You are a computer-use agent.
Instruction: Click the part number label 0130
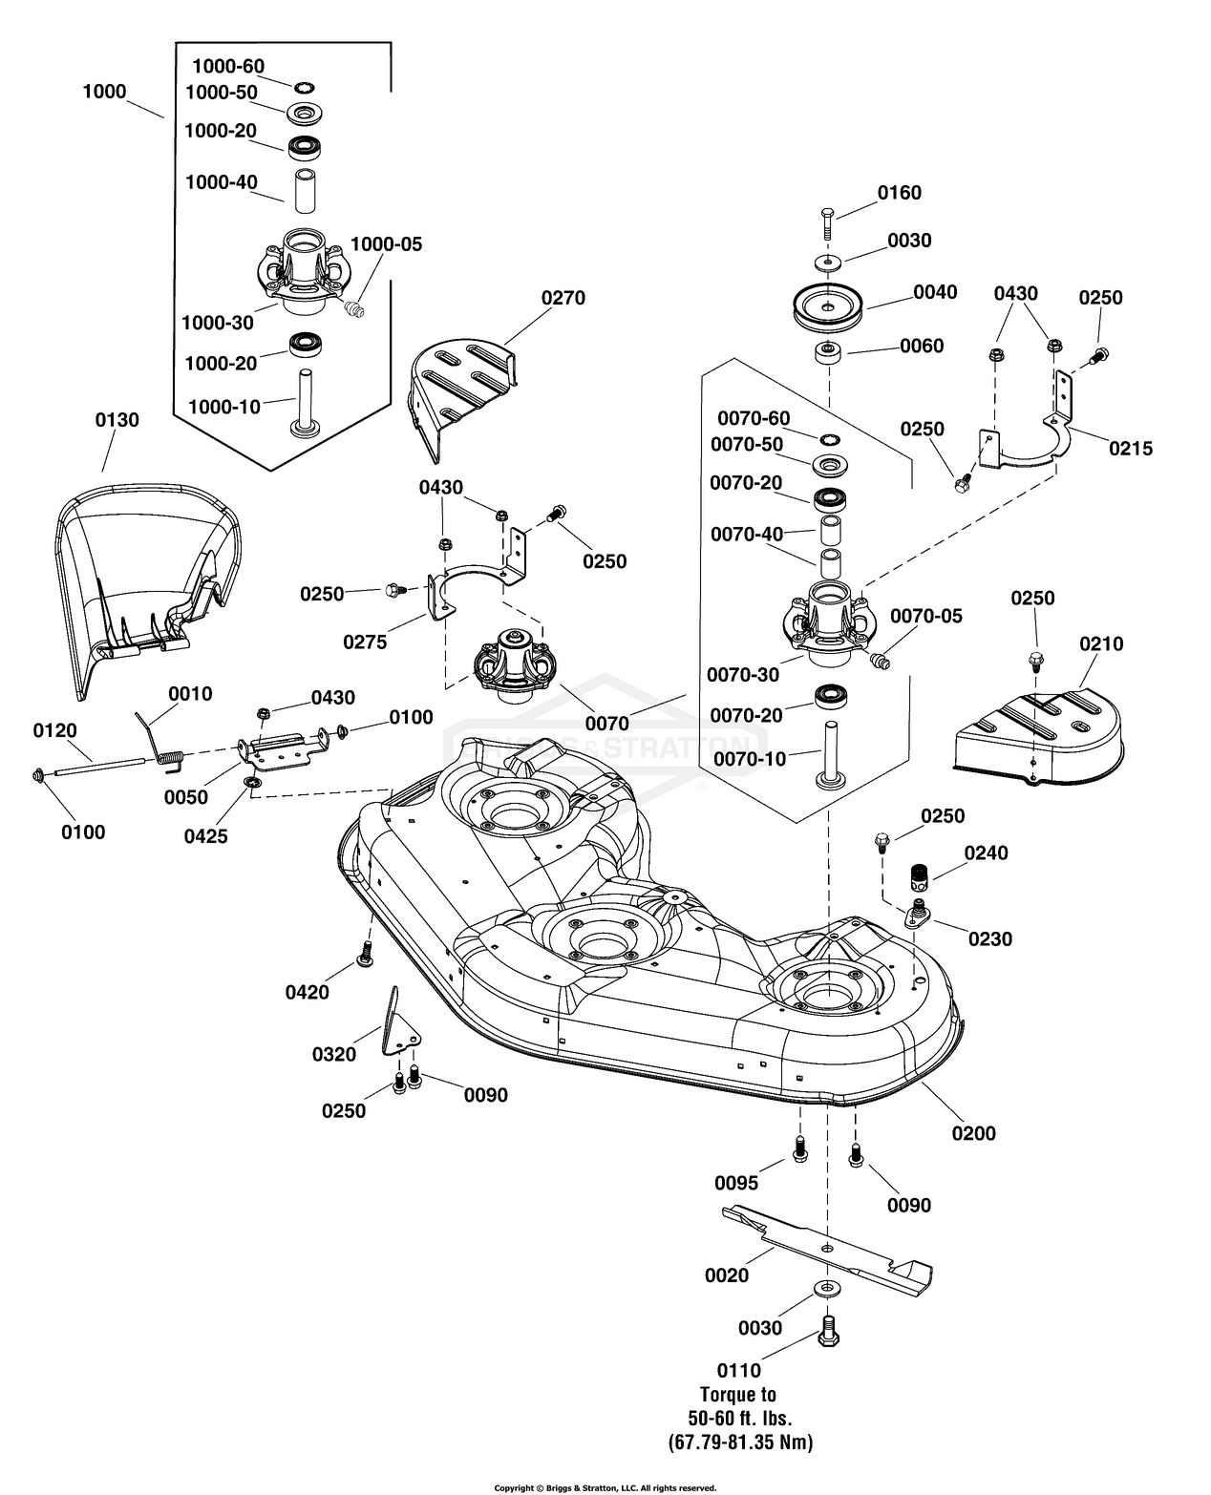point(117,420)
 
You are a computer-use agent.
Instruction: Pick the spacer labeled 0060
point(827,354)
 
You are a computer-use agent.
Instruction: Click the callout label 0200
point(973,1133)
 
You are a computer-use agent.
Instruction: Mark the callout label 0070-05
point(926,617)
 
